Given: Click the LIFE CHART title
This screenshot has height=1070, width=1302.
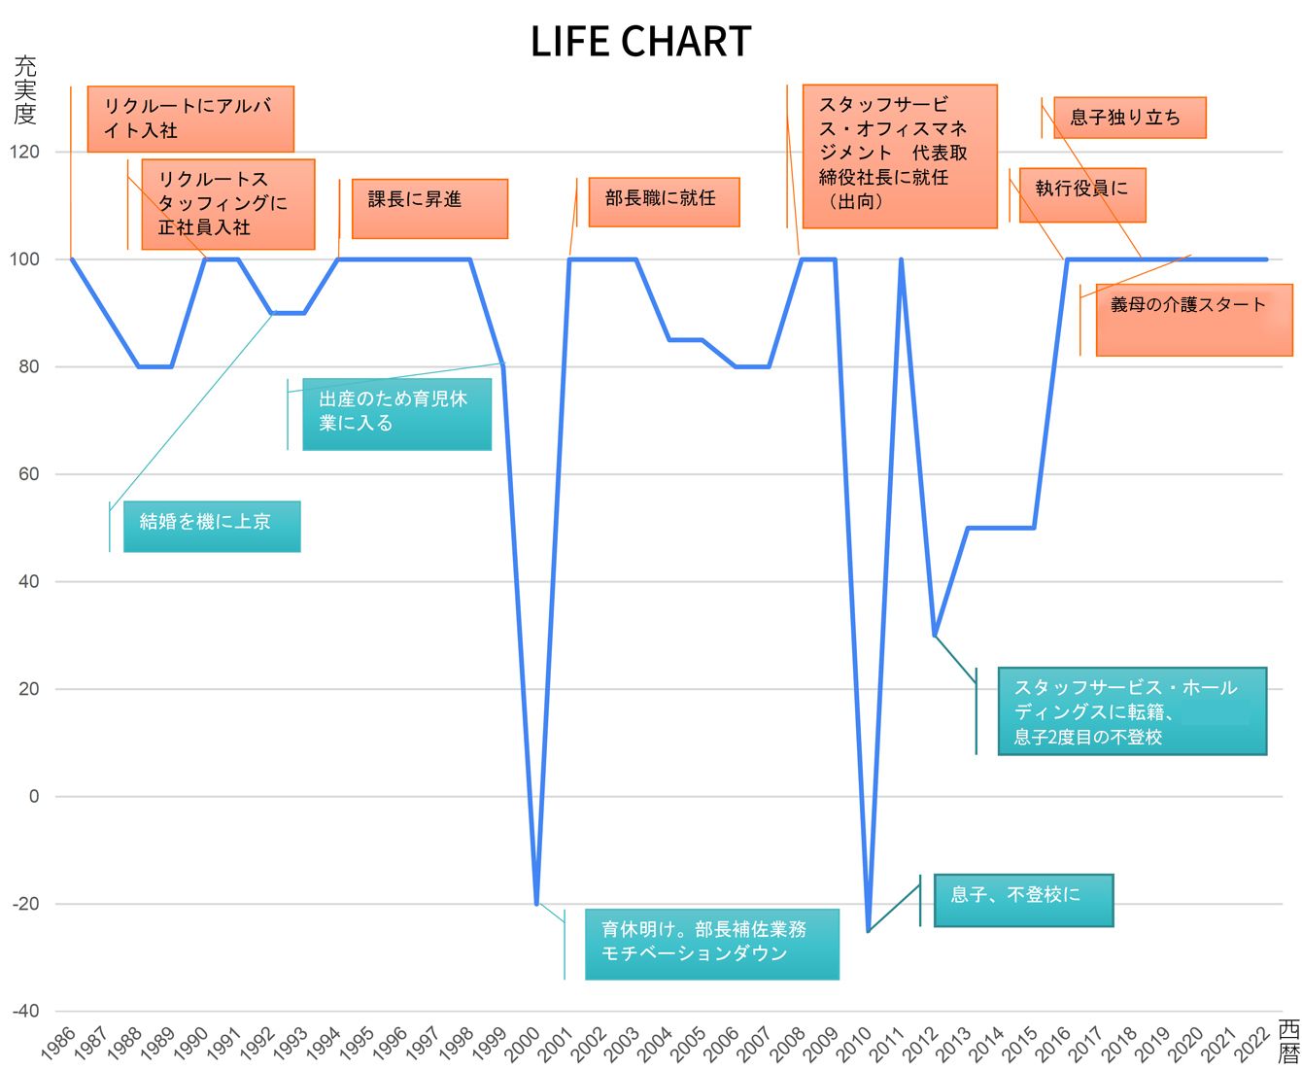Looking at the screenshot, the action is tap(640, 42).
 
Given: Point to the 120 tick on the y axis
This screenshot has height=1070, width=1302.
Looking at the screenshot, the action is tap(24, 152).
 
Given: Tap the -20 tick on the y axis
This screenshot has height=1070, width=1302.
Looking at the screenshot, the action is tap(25, 903).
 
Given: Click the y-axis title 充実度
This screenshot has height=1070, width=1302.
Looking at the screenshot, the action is tap(25, 90).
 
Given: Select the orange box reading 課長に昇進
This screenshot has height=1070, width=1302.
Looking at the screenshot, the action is tap(429, 209).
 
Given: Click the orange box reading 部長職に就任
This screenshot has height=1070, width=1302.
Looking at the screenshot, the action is tap(664, 202).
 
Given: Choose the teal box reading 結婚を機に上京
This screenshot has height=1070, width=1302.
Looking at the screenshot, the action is tap(212, 526).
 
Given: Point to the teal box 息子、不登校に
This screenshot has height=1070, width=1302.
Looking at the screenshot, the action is tap(1023, 900).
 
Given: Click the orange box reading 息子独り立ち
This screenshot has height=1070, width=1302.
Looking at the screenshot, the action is tap(1130, 118).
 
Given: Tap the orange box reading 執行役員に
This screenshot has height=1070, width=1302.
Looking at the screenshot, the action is tap(1082, 195).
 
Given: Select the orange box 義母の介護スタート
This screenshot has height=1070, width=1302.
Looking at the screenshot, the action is tap(1194, 320).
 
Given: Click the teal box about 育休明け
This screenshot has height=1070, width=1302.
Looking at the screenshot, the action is tap(712, 944).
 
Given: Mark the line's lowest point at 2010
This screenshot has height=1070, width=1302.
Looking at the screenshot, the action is tap(868, 930).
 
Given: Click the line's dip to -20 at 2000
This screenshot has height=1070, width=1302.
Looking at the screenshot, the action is tap(536, 903).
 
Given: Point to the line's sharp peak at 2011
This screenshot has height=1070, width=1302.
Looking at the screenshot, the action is tap(902, 259).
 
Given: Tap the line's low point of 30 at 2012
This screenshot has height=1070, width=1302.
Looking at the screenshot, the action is tap(935, 636).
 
